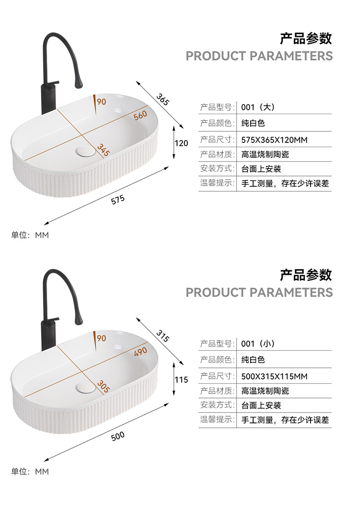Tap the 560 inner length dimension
pyautogui.click(x=140, y=115)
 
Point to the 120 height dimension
pyautogui.click(x=181, y=143)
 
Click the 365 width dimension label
pyautogui.click(x=163, y=99)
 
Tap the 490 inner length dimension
pyautogui.click(x=140, y=352)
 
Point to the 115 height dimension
pyautogui.click(x=181, y=380)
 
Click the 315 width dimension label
pyautogui.click(x=163, y=336)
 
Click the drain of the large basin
pyautogui.click(x=86, y=151)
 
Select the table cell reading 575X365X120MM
pyautogui.click(x=275, y=140)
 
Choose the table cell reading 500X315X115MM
pyautogui.click(x=275, y=376)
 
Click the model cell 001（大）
pyautogui.click(x=258, y=107)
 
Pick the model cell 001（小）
pyautogui.click(x=258, y=344)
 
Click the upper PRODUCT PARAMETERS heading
pyautogui.click(x=259, y=56)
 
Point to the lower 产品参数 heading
pyautogui.click(x=306, y=275)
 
